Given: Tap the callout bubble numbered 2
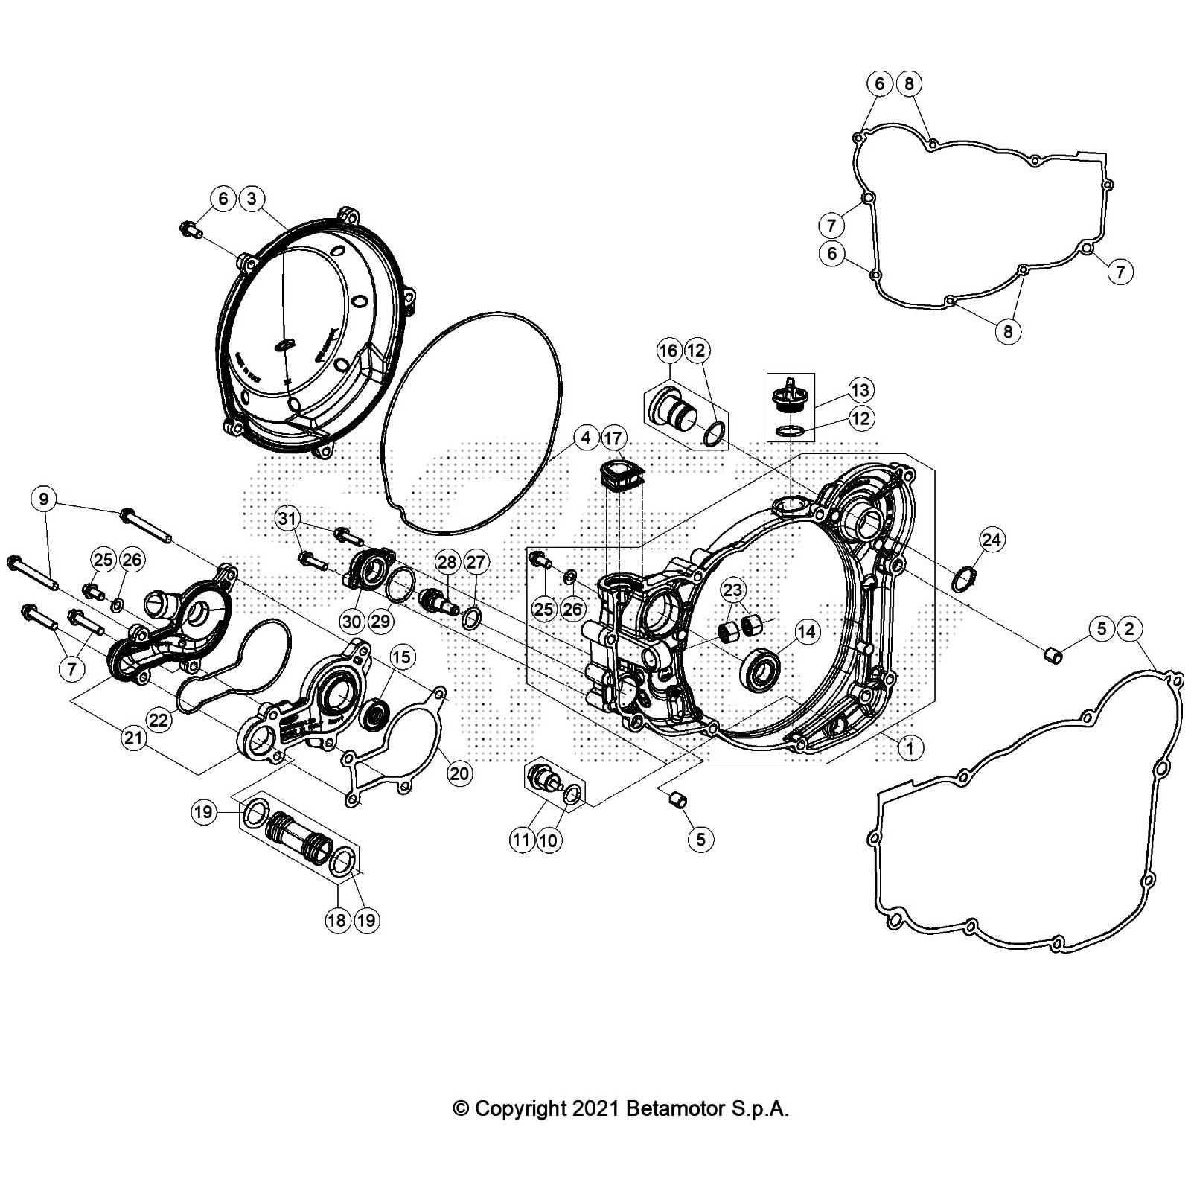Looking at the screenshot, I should (1130, 629).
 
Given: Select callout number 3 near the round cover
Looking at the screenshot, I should (252, 199).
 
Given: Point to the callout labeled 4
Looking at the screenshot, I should (587, 438).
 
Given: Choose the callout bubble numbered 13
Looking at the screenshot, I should (860, 390).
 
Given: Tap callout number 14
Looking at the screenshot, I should (807, 633).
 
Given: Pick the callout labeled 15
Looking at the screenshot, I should (401, 657).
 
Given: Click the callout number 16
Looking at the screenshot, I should (668, 351).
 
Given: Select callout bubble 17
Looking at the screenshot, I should (613, 438).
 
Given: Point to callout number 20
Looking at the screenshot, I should (459, 773).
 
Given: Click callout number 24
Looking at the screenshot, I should (992, 539).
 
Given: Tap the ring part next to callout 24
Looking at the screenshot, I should (965, 578).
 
